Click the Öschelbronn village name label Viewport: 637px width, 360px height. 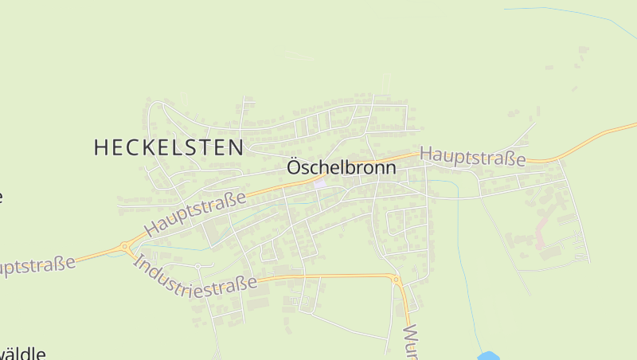(x=341, y=169)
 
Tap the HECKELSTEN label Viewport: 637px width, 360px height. (x=169, y=147)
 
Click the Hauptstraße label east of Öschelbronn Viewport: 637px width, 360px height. (x=473, y=156)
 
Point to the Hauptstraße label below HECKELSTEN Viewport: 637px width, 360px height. (x=195, y=214)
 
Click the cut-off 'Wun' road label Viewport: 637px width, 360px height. (x=411, y=342)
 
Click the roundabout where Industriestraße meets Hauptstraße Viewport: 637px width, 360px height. (x=124, y=248)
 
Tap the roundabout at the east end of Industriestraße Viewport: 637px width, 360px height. (x=395, y=280)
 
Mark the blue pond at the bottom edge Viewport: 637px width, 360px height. (x=488, y=355)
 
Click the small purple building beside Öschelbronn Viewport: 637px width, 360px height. (x=319, y=184)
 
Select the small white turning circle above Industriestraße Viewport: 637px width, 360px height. (x=197, y=266)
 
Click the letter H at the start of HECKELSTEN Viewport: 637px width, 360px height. (x=101, y=147)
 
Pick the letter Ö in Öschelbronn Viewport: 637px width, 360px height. (x=293, y=168)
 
